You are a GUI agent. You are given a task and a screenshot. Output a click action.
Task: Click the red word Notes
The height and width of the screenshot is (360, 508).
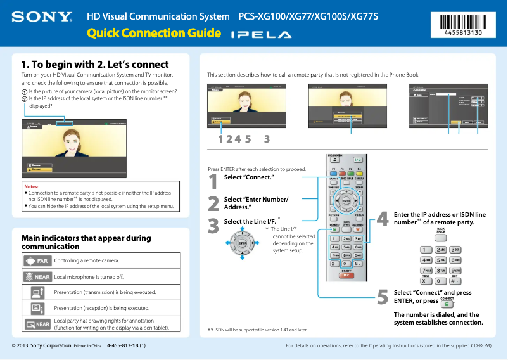(x=31, y=187)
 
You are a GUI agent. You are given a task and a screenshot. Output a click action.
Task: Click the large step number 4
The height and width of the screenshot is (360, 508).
(x=382, y=219)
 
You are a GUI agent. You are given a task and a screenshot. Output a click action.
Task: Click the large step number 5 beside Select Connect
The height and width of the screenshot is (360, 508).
(x=382, y=297)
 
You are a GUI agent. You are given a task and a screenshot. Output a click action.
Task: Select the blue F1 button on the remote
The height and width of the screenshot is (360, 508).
(x=334, y=173)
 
